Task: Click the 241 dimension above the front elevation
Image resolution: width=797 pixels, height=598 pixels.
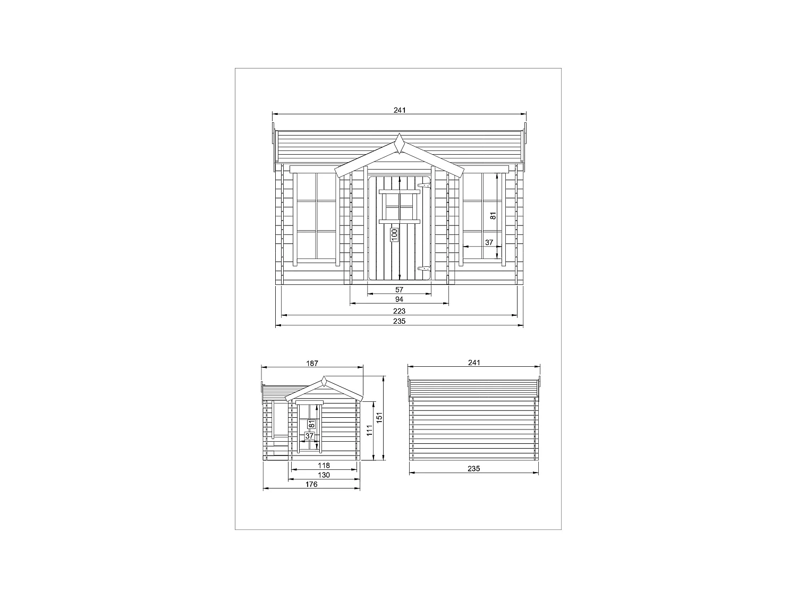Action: coord(400,110)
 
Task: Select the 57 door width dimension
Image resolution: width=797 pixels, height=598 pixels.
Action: coord(400,290)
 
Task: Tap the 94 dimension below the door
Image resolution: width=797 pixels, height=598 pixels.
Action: coord(400,300)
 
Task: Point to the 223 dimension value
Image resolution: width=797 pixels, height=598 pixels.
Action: coord(400,311)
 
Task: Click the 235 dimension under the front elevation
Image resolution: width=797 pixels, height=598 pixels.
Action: coord(400,321)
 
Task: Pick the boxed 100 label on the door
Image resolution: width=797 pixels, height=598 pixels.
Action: coord(394,234)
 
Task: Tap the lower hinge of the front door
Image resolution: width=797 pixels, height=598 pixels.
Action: coord(424,270)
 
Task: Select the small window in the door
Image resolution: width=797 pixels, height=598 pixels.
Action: coord(400,206)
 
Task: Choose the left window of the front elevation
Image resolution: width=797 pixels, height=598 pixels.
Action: coord(316,216)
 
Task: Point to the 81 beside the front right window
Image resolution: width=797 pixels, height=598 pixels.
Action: coord(493,216)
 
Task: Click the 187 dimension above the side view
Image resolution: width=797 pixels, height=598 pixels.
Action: coord(312,363)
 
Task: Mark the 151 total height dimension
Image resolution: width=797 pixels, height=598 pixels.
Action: coord(379,418)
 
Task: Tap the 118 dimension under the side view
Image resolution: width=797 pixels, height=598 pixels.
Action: coord(324,465)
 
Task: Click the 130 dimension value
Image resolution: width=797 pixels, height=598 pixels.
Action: coord(324,475)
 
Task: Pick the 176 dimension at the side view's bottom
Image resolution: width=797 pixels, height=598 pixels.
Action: coord(311,484)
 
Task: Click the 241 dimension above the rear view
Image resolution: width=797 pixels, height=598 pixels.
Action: coord(474,363)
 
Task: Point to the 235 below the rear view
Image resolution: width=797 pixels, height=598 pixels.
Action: coord(474,468)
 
